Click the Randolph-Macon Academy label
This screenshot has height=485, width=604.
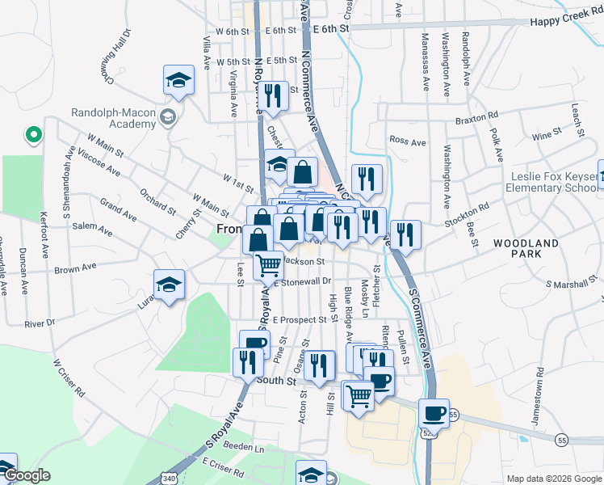click(x=113, y=118)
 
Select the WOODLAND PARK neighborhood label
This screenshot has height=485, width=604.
click(x=526, y=248)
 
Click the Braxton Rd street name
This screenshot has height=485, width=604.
click(x=471, y=117)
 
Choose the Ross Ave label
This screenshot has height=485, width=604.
click(x=407, y=141)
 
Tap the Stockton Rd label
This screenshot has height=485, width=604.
click(x=472, y=213)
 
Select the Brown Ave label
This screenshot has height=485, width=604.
click(x=76, y=266)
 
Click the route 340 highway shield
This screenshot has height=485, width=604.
click(x=168, y=479)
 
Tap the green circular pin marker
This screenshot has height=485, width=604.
click(x=33, y=134)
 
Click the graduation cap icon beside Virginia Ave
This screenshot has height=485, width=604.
click(x=178, y=80)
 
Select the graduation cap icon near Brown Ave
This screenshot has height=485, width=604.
click(x=170, y=285)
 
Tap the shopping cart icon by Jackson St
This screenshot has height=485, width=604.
click(x=269, y=264)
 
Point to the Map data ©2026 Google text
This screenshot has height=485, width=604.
click(x=553, y=479)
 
